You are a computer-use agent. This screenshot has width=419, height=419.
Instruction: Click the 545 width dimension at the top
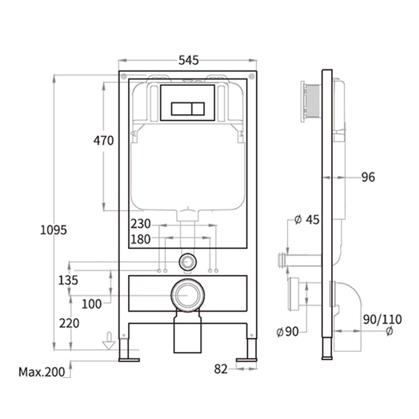click(188, 60)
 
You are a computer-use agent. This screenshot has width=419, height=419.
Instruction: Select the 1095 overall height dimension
click(54, 230)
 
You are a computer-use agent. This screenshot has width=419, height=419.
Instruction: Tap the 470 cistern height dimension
click(103, 141)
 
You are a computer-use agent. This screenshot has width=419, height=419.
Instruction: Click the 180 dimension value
click(140, 239)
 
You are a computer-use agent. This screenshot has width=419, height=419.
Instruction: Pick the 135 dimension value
click(68, 280)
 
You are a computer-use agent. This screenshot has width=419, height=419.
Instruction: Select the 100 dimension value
click(91, 304)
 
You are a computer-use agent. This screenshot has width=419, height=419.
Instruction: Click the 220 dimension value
click(69, 323)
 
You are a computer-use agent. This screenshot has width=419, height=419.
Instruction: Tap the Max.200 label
click(41, 371)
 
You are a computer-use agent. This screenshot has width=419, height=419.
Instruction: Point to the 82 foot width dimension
click(220, 369)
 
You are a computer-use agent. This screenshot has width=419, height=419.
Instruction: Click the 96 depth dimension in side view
click(368, 177)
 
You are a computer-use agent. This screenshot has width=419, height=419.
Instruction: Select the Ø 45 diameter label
click(307, 220)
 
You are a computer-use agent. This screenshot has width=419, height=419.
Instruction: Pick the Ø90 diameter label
click(287, 332)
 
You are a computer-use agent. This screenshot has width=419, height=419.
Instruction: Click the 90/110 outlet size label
click(382, 320)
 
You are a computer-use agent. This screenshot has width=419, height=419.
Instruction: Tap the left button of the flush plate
click(181, 109)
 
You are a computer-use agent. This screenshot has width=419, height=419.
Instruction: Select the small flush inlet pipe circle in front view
click(187, 262)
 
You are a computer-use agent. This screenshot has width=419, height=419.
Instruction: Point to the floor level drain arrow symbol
click(109, 341)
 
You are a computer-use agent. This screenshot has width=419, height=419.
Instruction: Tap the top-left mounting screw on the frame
click(124, 77)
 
